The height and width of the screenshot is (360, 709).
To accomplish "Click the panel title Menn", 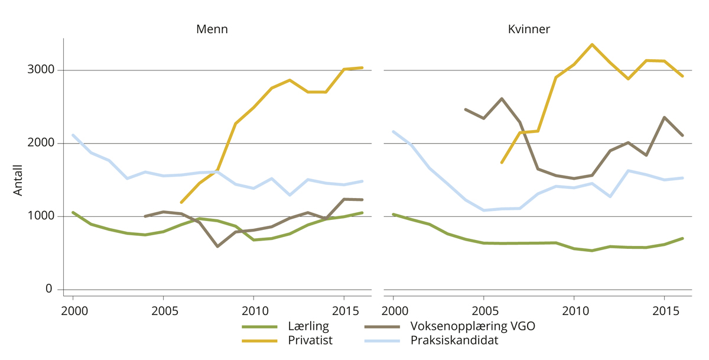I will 212,29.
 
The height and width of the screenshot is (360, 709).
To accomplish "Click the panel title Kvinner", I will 529,29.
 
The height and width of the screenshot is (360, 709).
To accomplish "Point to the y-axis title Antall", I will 18,180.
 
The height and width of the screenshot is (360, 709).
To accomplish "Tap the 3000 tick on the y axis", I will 41,70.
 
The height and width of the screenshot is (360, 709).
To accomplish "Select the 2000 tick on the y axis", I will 41,143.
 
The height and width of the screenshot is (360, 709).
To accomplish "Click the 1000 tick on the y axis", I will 41,216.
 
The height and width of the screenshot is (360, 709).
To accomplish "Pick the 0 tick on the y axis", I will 49,289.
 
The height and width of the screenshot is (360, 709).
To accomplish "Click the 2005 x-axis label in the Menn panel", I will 163,310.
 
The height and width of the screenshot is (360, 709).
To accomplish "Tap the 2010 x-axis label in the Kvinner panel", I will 574,310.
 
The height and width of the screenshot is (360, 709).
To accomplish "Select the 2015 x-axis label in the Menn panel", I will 343,310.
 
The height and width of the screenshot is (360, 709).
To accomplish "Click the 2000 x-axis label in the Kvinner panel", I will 393,310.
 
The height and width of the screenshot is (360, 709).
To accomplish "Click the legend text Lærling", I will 308,326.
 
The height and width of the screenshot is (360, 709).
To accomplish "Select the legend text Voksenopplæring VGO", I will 473,326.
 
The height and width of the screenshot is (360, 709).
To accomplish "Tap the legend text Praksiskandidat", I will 454,340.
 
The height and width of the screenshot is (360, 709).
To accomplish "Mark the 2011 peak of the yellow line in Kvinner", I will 592,44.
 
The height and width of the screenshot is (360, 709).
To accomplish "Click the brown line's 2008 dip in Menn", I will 217,246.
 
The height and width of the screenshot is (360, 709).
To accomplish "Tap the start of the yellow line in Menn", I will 181,203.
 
